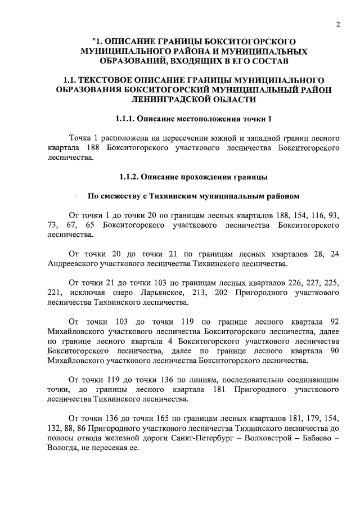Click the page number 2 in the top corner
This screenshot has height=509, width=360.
(x=338, y=24)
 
